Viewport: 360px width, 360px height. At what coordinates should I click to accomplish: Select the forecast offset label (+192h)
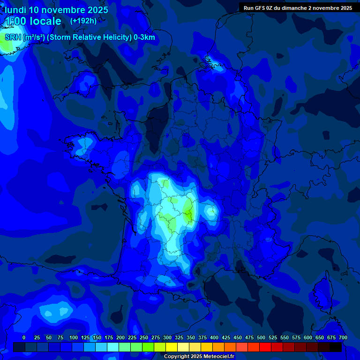[x=83, y=21]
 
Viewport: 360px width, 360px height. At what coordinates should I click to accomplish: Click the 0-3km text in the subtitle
[x=144, y=37]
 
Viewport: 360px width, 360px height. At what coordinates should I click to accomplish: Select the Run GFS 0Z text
[x=259, y=8]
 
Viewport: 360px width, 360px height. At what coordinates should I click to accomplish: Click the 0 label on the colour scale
[x=24, y=337]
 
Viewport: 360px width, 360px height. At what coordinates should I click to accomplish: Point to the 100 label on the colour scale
[x=74, y=337]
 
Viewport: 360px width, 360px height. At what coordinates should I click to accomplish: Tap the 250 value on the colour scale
[x=144, y=337]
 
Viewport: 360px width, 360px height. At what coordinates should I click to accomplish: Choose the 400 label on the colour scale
[x=214, y=337]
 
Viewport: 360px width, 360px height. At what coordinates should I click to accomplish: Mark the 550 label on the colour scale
[x=285, y=337]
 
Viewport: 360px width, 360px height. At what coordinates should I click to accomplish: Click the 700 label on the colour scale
[x=343, y=337]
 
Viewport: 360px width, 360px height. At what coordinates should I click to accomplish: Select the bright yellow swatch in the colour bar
[x=172, y=347]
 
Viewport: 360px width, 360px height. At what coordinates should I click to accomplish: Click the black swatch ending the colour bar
[x=336, y=347]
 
